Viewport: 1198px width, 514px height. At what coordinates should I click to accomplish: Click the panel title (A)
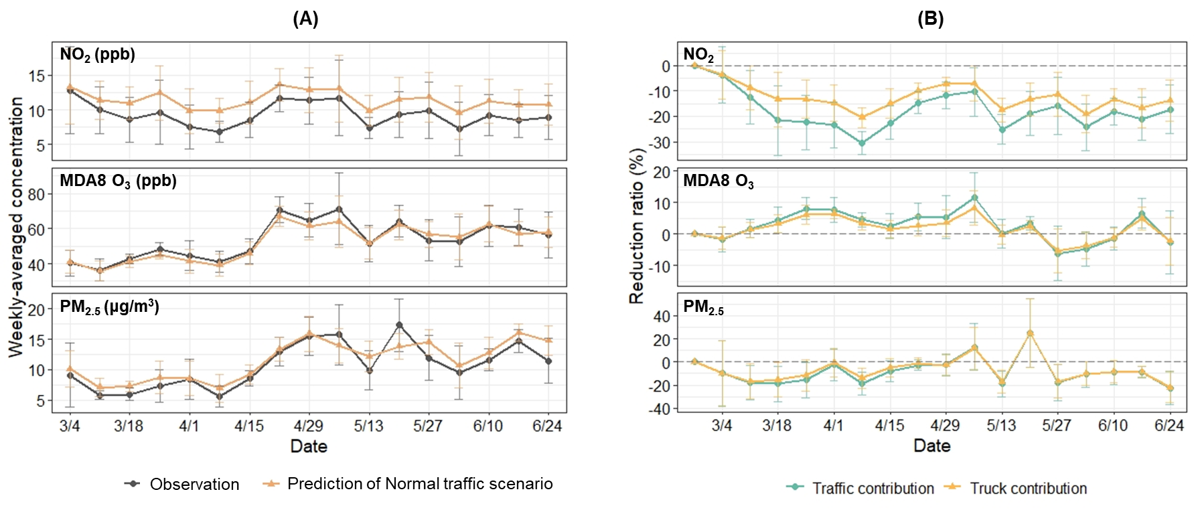tap(305, 19)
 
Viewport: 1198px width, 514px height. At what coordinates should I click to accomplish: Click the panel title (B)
tap(930, 19)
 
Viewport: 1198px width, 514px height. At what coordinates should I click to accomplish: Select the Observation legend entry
tap(194, 484)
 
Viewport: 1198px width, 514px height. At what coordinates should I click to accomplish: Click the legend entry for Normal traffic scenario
tap(420, 484)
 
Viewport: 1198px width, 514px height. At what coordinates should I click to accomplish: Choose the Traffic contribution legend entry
tap(873, 489)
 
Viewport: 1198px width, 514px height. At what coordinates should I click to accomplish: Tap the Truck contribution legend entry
tap(1028, 489)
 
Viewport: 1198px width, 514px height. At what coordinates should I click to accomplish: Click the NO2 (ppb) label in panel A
tap(98, 55)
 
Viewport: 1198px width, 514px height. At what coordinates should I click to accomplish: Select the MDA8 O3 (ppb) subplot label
tap(118, 181)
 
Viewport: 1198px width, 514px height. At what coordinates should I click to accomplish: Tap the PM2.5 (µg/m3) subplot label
tap(109, 307)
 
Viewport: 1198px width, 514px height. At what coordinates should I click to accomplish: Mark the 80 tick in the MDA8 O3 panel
tap(36, 195)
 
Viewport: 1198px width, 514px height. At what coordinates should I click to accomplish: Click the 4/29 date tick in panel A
tap(309, 426)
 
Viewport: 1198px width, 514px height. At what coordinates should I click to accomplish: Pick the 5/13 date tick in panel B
tap(1001, 426)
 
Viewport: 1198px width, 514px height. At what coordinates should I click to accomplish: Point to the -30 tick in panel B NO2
tap(661, 143)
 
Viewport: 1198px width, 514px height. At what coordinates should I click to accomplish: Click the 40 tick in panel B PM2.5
tap(662, 317)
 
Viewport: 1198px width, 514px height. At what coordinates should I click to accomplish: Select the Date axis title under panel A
tap(309, 446)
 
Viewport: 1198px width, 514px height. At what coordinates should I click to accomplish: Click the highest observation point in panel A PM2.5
tap(399, 325)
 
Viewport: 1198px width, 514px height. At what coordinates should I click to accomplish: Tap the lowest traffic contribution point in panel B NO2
tap(863, 143)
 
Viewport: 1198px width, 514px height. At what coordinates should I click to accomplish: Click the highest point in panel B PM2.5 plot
tap(1030, 333)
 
